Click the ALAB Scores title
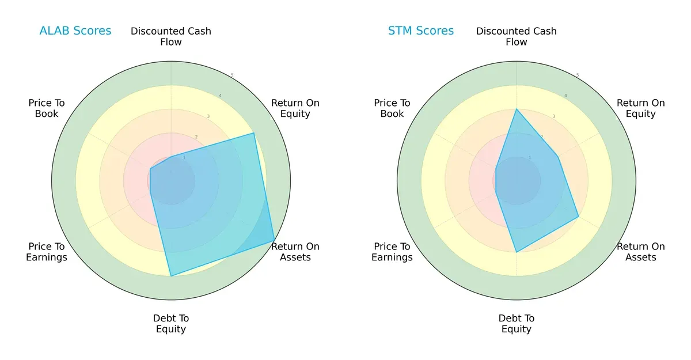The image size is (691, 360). click(x=75, y=31)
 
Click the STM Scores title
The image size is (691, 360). click(x=421, y=31)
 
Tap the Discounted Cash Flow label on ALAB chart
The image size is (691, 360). click(x=171, y=36)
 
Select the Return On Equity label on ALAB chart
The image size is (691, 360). click(x=295, y=108)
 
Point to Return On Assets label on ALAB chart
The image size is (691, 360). click(x=295, y=252)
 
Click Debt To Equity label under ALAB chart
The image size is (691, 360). click(x=171, y=324)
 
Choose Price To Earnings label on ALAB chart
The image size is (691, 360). click(x=47, y=252)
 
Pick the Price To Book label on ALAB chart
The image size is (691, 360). click(x=47, y=108)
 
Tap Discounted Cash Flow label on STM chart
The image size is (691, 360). click(x=517, y=36)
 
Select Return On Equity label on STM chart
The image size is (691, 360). click(x=640, y=108)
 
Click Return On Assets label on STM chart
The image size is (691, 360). click(x=640, y=252)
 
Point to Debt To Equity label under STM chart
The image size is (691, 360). click(x=517, y=324)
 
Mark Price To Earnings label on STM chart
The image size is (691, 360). click(x=392, y=252)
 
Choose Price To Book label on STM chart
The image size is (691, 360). click(x=392, y=108)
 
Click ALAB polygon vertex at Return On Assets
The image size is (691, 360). click(x=274, y=241)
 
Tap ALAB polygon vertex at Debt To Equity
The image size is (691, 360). click(x=171, y=276)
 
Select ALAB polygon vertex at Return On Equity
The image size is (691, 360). click(x=254, y=134)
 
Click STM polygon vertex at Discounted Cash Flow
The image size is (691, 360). click(x=517, y=109)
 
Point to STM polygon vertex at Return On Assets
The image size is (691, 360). click(x=578, y=217)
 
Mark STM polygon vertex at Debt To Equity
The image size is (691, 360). click(x=517, y=252)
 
